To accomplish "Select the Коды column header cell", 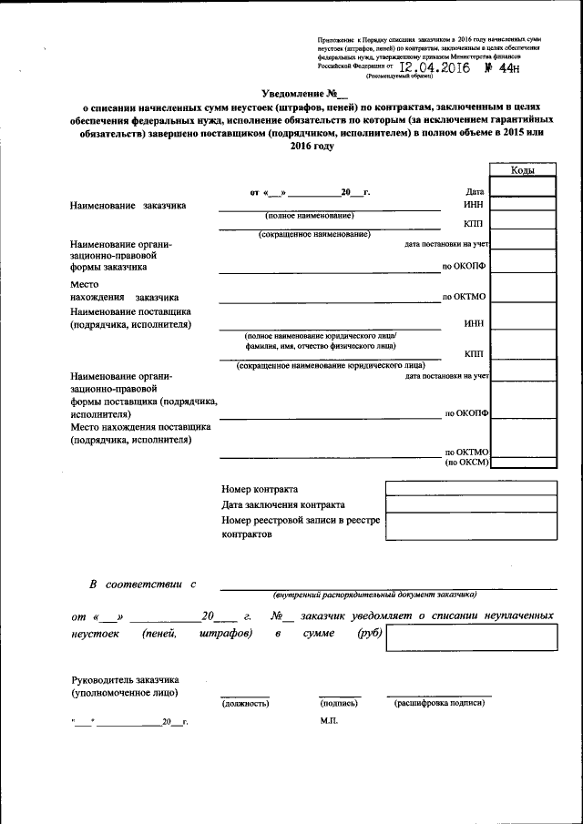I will coord(522,170).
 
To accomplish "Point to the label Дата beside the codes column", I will coord(474,192).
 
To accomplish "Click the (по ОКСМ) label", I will coord(467,463).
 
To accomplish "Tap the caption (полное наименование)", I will coord(309,215).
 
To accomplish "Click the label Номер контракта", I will coord(260,489).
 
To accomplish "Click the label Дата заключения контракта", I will coord(283,504).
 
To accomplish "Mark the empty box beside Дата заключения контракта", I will coord(470,504).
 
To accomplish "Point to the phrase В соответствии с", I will coord(141,583).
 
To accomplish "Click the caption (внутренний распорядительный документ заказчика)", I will coord(374,595).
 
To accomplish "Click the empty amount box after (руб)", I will coord(470,637).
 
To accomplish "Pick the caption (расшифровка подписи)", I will coord(438,704).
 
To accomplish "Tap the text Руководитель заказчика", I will coord(125,680).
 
